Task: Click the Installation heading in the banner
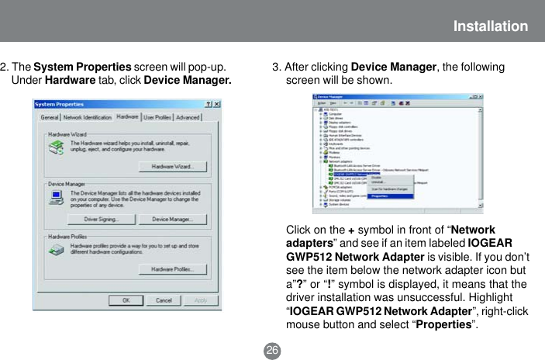(x=491, y=27)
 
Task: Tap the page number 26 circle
(x=272, y=351)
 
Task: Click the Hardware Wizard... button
(x=172, y=167)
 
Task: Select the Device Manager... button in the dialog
(x=172, y=220)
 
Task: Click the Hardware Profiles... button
(x=172, y=269)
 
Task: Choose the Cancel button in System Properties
(x=164, y=300)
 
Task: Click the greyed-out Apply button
(x=200, y=300)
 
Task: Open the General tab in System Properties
(x=50, y=118)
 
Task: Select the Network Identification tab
(x=87, y=118)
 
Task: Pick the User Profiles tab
(x=157, y=118)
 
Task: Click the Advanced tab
(x=188, y=118)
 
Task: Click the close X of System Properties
(x=216, y=104)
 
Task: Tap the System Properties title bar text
(x=60, y=104)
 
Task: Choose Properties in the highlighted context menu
(x=380, y=196)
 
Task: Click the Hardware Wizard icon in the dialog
(x=56, y=148)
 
